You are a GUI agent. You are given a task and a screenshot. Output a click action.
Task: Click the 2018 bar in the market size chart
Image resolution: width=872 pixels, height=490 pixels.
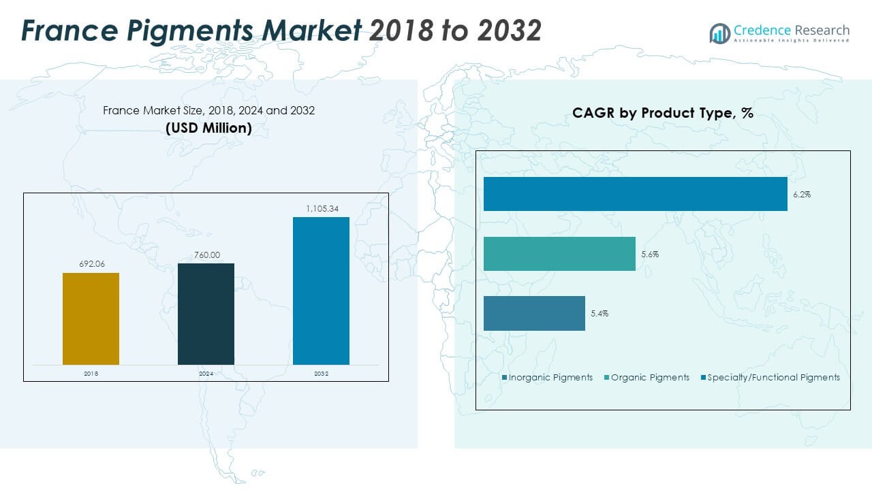click(x=91, y=318)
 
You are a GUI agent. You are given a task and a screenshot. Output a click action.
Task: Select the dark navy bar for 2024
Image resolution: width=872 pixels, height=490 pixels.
click(x=206, y=314)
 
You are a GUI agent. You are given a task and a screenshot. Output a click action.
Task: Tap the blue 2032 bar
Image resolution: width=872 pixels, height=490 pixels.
click(x=321, y=291)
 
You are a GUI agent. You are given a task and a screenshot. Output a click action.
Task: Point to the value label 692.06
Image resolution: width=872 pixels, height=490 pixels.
click(x=91, y=264)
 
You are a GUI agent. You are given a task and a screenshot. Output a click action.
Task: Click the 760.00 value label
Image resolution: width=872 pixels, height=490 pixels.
click(x=206, y=255)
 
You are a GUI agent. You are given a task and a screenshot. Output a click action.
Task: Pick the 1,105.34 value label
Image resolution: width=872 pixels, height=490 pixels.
click(x=321, y=208)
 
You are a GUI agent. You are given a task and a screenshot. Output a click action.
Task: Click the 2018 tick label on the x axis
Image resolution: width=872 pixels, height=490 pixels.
click(x=91, y=374)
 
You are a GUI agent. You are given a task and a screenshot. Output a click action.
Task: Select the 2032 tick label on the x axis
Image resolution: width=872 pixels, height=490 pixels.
click(x=321, y=374)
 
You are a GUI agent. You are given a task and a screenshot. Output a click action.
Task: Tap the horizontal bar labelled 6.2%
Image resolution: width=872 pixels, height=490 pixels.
click(x=635, y=194)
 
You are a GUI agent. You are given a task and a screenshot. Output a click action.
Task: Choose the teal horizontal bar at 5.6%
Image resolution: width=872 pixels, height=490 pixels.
click(x=559, y=254)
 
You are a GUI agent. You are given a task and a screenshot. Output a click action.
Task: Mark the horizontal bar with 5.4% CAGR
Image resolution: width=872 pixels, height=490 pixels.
click(x=534, y=313)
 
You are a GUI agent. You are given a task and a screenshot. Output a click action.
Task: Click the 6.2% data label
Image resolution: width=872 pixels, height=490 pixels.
click(x=802, y=195)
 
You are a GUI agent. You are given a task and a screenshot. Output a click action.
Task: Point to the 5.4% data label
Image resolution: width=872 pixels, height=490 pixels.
click(x=599, y=314)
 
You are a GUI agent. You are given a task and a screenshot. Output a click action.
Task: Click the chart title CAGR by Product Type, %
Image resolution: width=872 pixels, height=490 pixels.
click(x=662, y=113)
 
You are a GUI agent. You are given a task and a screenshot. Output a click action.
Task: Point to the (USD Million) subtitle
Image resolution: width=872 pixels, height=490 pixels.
click(x=208, y=127)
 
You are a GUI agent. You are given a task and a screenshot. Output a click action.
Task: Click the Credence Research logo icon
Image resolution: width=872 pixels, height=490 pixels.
click(x=719, y=33)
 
